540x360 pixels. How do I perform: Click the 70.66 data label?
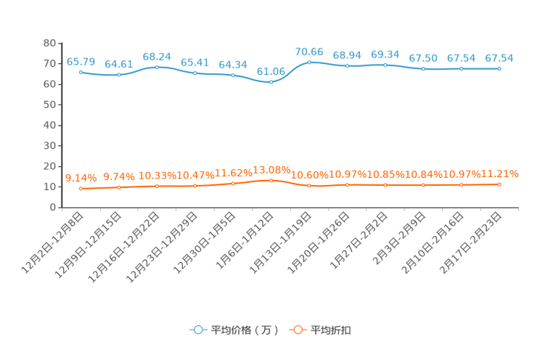tap(309, 52)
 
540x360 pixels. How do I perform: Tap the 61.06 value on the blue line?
tap(271, 71)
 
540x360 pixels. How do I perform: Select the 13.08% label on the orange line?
tap(271, 170)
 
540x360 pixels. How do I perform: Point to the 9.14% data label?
tap(81, 178)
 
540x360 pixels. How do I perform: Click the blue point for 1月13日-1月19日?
tap(309, 62)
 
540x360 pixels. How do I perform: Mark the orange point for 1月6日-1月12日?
tap(271, 181)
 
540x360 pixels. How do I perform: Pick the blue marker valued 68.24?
tap(157, 67)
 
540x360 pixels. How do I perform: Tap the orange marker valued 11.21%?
tap(499, 184)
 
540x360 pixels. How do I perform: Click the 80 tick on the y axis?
tap(49, 43)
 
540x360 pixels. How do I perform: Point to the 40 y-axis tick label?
tap(49, 125)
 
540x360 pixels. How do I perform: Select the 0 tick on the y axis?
tap(53, 207)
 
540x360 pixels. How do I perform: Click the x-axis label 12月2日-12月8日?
tap(52, 243)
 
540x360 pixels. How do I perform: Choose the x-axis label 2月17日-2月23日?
tap(471, 243)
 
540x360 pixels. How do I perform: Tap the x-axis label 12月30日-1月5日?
tap(205, 243)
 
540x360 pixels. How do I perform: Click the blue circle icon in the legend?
tap(198, 330)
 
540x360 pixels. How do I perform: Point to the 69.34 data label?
tap(385, 54)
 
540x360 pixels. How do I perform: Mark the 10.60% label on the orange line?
tap(309, 175)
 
